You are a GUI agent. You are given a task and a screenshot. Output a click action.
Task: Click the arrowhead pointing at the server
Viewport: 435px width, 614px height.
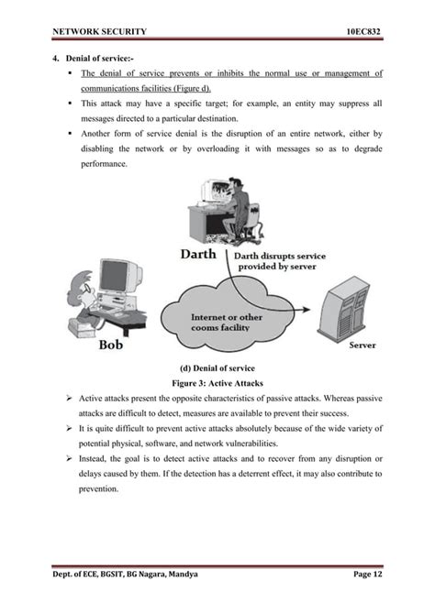click(x=310, y=302)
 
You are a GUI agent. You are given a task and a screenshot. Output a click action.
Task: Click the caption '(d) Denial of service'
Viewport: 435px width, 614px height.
click(x=217, y=367)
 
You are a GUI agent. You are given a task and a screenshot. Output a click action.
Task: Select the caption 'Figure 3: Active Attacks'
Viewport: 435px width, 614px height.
click(x=217, y=384)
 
